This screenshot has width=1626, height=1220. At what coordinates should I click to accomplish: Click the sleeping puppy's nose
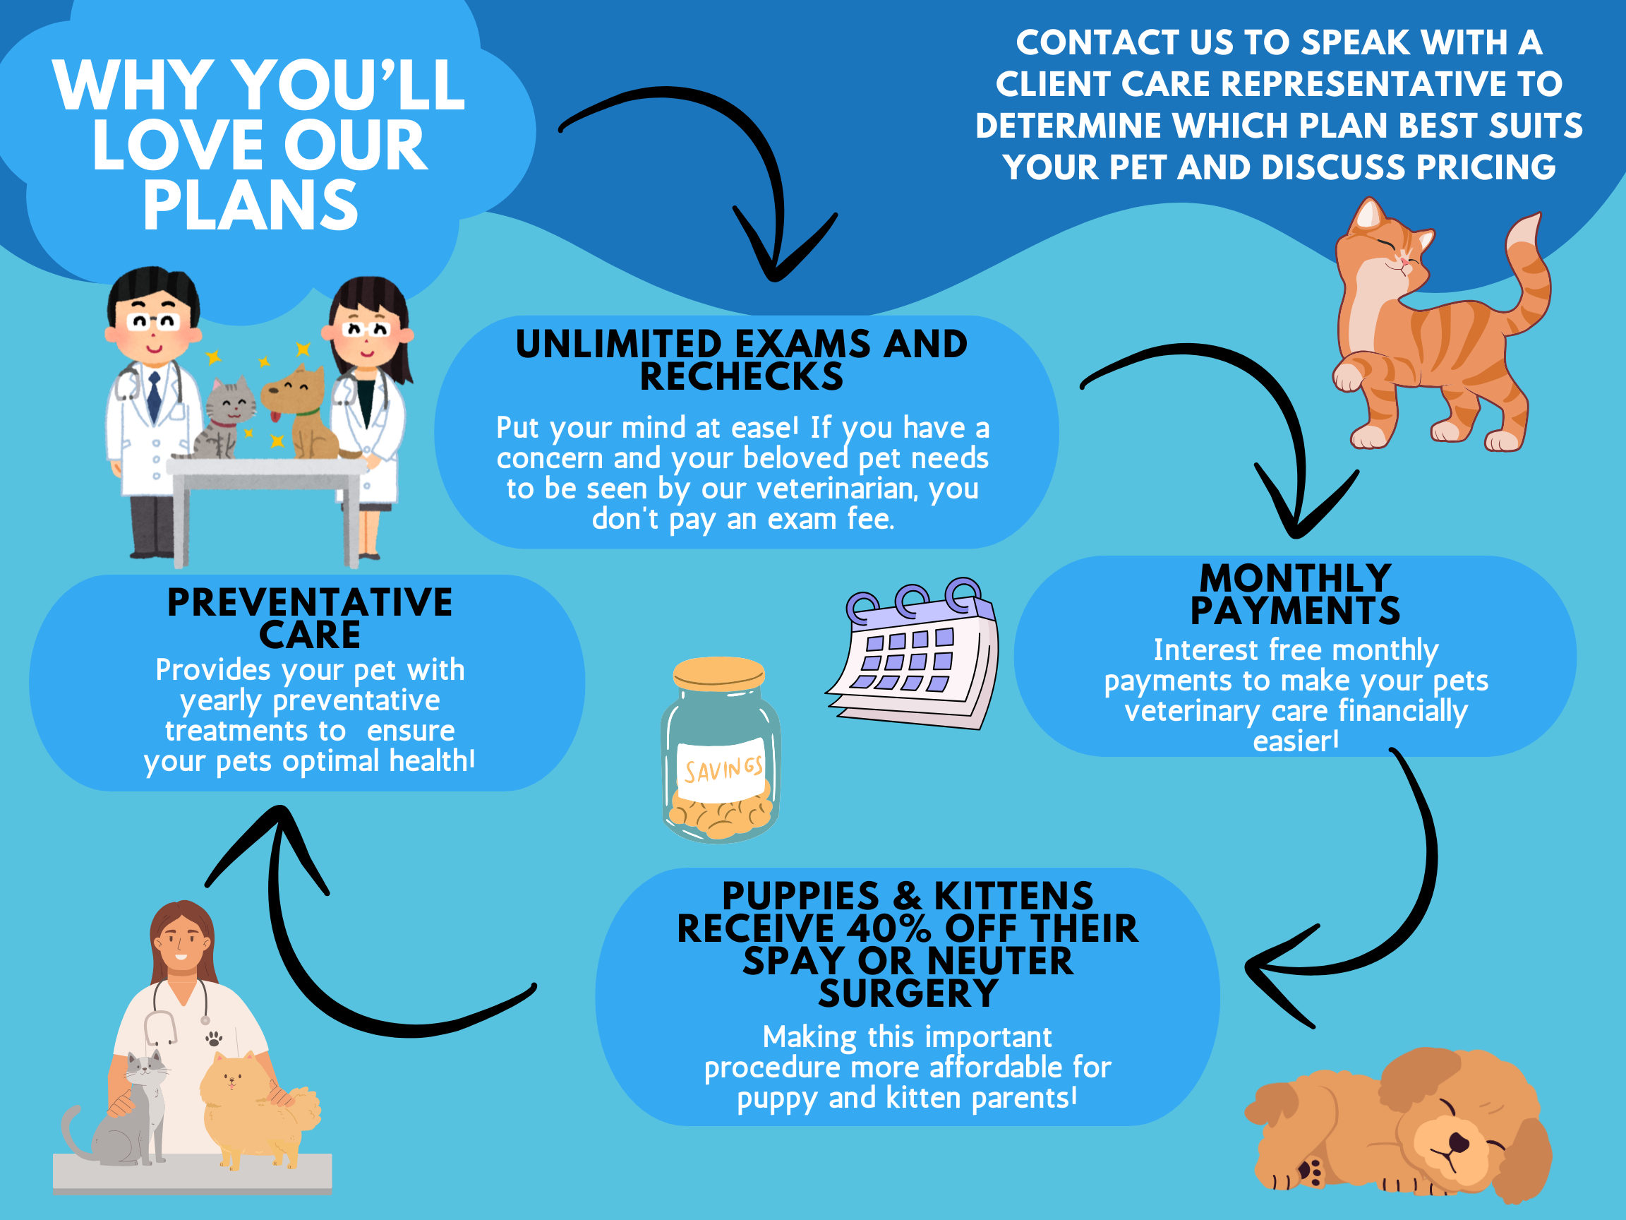point(1459,1142)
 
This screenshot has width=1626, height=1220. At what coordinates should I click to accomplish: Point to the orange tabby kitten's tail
point(1529,272)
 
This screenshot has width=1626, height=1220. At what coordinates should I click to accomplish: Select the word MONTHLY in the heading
point(1295,579)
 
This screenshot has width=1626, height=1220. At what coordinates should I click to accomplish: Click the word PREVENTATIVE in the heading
point(310,603)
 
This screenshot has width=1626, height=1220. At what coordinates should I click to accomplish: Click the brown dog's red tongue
point(276,417)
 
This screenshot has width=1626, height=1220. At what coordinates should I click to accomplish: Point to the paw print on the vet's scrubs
point(214,1039)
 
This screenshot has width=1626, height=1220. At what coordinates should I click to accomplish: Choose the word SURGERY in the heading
point(908,993)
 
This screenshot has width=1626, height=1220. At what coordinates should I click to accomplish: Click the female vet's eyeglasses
point(368,329)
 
